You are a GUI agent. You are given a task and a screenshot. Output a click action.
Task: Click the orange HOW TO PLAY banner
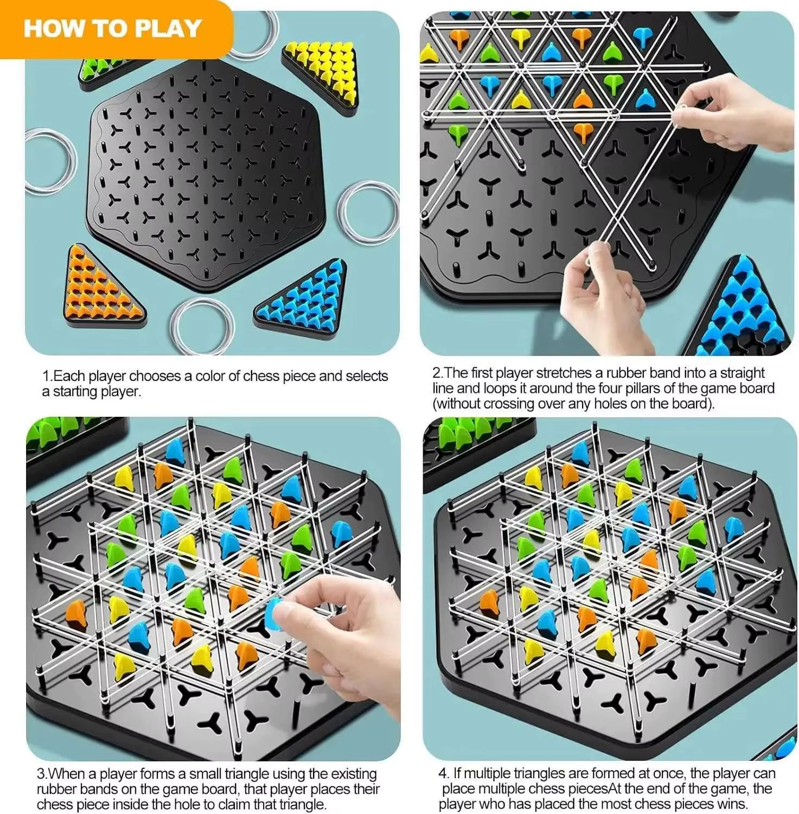pyautogui.click(x=114, y=28)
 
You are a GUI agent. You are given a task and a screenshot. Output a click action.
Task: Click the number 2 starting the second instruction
pyautogui.click(x=437, y=373)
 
